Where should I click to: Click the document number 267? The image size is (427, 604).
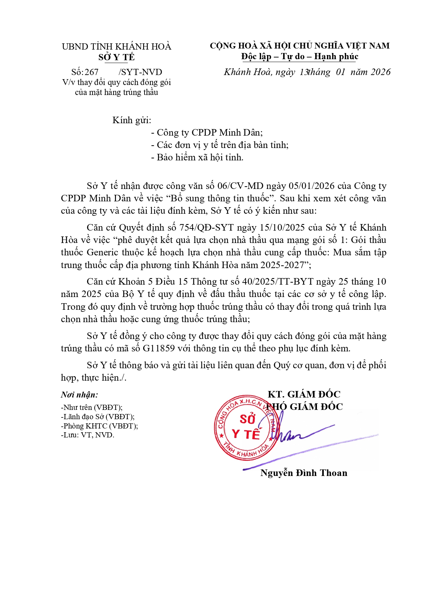coord(92,72)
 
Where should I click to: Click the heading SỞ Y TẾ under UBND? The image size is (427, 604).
coord(116,57)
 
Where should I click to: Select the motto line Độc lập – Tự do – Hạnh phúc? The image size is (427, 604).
coord(300,56)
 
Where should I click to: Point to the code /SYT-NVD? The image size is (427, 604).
coord(140,72)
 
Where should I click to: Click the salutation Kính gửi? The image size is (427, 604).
coord(132,120)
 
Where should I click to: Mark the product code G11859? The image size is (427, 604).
coord(159,348)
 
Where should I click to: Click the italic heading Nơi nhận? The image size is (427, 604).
coord(79,395)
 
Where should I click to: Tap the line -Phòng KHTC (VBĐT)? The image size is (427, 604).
coord(99,426)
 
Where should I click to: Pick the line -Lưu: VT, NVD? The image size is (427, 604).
coord(87,435)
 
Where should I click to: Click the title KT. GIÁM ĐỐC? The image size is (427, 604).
coord(304,394)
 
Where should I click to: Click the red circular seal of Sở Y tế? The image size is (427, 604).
coord(246,427)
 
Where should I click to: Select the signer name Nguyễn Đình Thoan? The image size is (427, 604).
coord(303,473)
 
